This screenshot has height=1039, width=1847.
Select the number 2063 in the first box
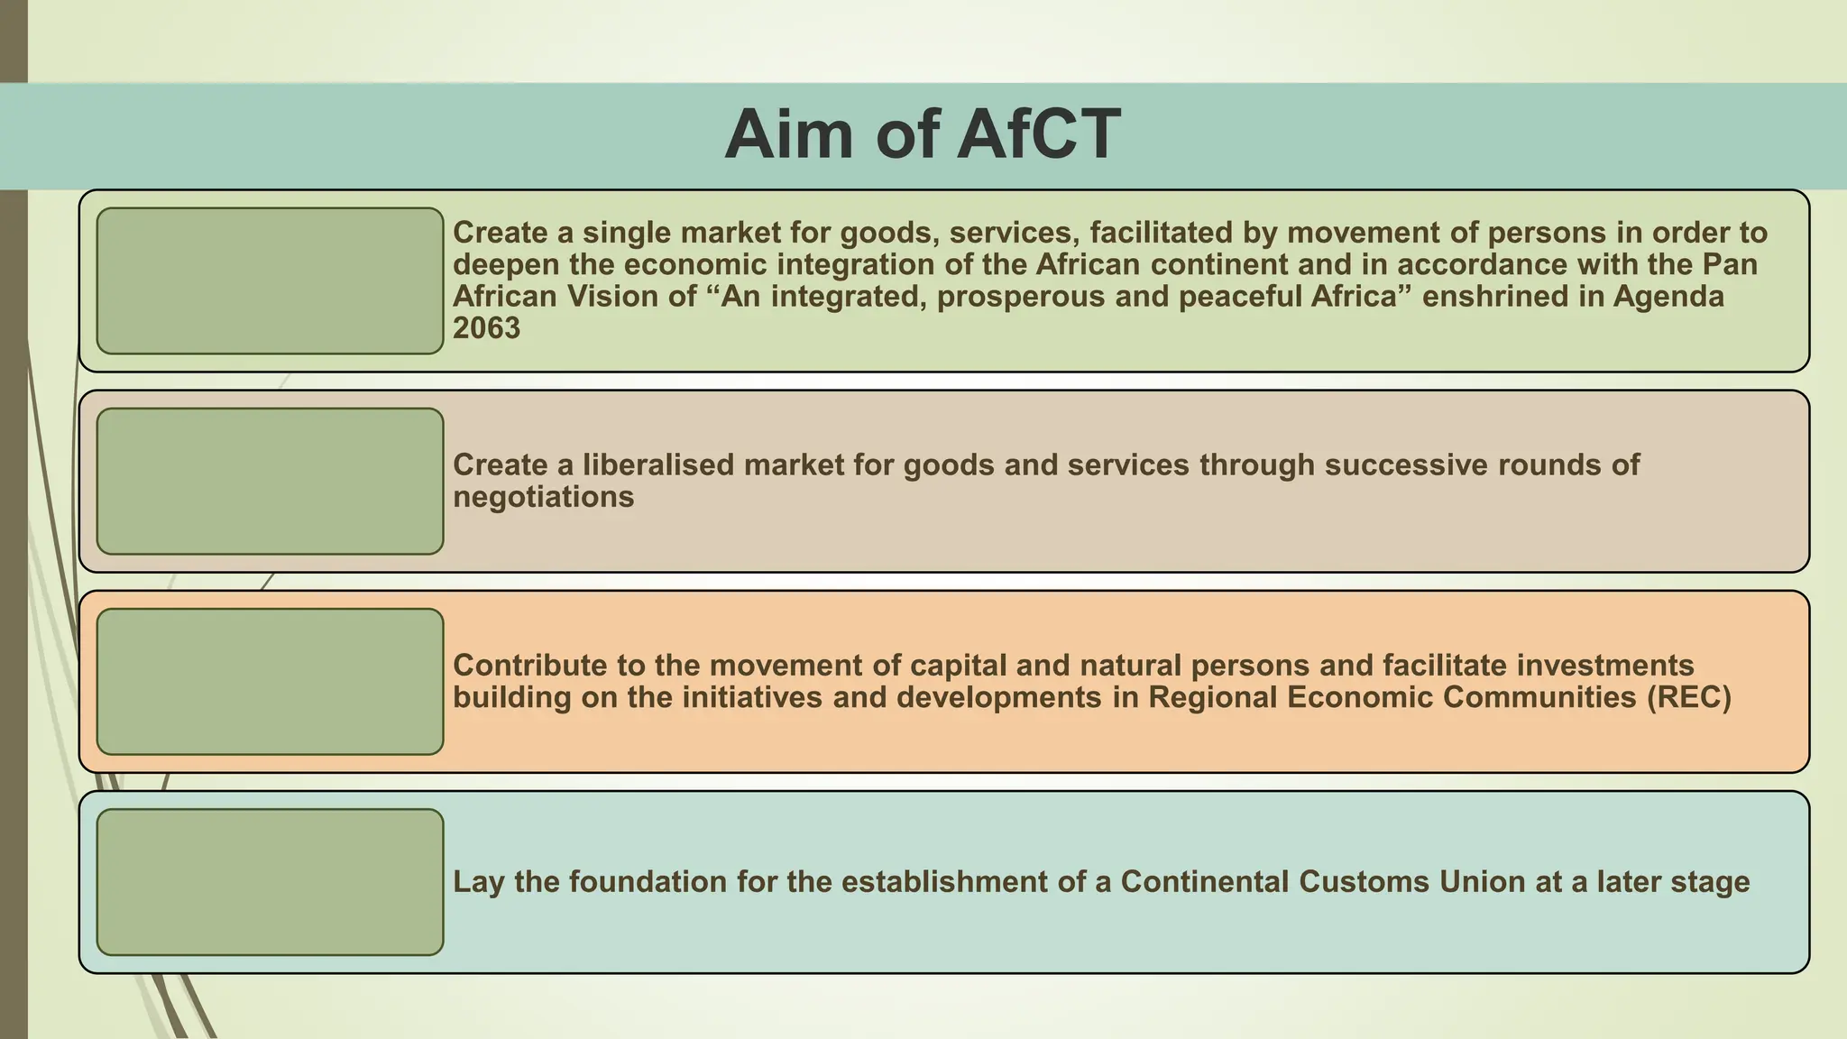pyautogui.click(x=486, y=328)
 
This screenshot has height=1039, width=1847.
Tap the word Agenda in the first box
pyautogui.click(x=1668, y=297)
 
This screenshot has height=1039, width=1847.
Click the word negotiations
pyautogui.click(x=543, y=497)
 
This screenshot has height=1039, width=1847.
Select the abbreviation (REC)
pyautogui.click(x=1688, y=697)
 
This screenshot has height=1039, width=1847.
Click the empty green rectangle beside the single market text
pyautogui.click(x=270, y=280)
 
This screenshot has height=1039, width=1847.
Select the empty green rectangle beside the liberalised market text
pyautogui.click(x=270, y=481)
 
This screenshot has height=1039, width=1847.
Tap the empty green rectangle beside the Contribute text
pyautogui.click(x=270, y=681)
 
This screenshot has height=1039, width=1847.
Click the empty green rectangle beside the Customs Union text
pyautogui.click(x=270, y=881)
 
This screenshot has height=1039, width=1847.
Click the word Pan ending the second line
pyautogui.click(x=1730, y=265)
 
